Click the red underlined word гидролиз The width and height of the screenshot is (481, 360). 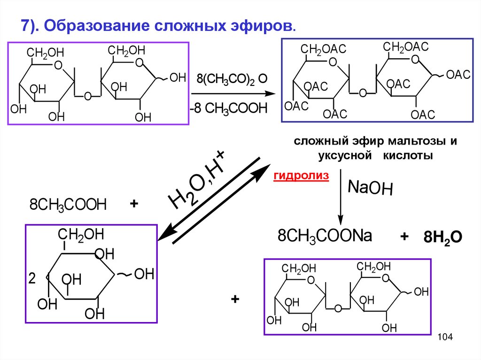301,176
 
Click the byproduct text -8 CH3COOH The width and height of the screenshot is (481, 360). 228,109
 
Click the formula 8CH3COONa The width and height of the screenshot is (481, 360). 325,236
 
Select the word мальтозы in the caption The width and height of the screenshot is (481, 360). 416,142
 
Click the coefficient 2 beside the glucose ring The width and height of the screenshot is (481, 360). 32,279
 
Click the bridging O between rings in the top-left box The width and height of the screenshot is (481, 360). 87,97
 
